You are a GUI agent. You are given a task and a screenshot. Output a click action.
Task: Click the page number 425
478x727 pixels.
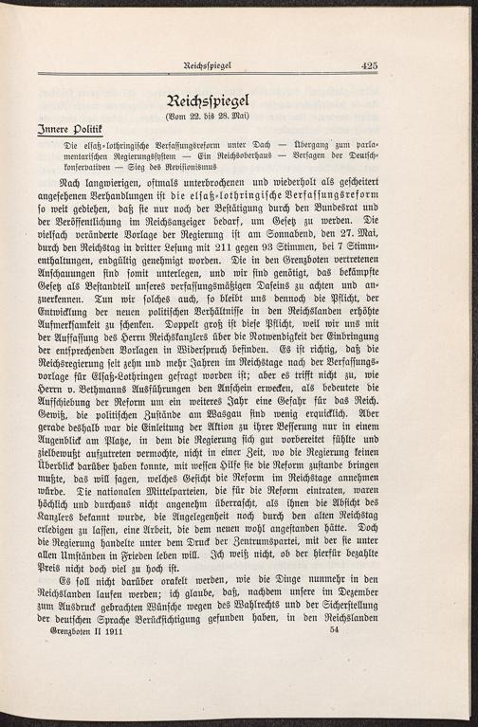(369, 65)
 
